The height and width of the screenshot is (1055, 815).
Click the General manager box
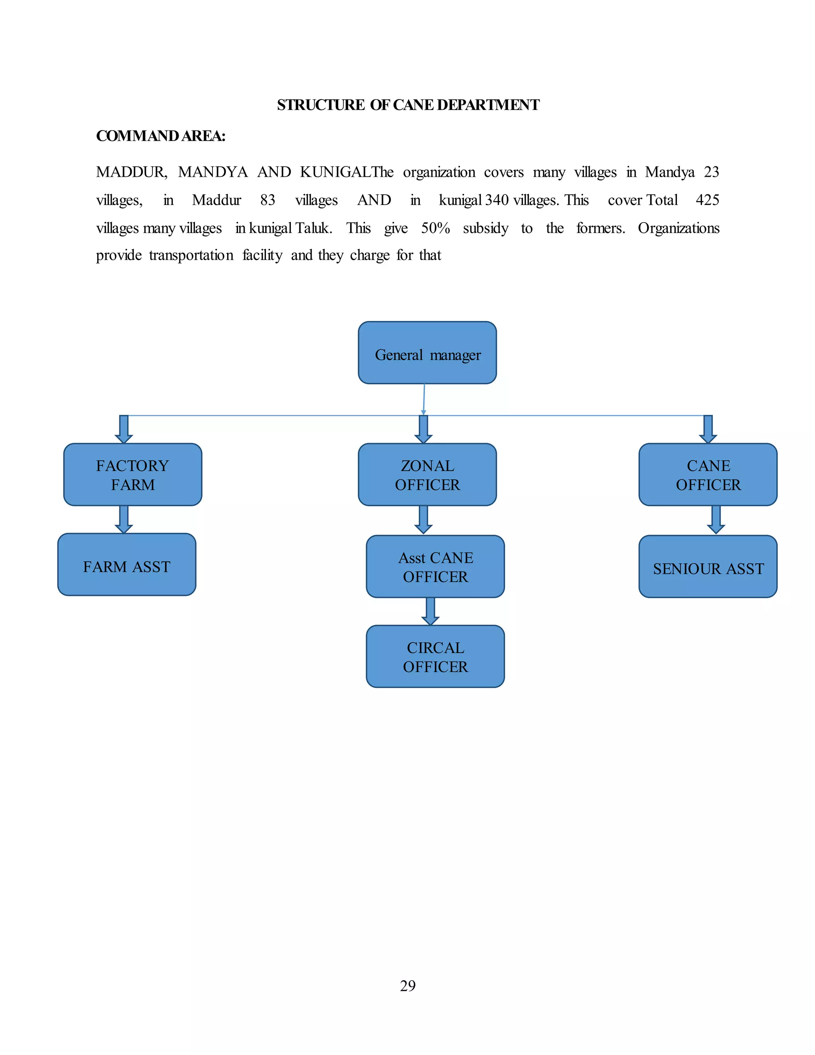click(x=427, y=353)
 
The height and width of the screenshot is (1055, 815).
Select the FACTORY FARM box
click(x=133, y=475)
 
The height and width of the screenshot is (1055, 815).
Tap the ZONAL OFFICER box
click(x=427, y=475)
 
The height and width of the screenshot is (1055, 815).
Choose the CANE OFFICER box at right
click(x=708, y=475)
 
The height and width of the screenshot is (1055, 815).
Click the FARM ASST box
click(x=127, y=565)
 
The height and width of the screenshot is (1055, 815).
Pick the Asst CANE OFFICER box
click(x=435, y=566)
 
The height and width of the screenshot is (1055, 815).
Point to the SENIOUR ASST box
click(x=708, y=566)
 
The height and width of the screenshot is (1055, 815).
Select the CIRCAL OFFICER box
click(x=435, y=656)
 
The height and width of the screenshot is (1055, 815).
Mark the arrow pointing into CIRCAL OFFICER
click(x=430, y=612)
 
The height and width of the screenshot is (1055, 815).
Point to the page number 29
click(x=407, y=985)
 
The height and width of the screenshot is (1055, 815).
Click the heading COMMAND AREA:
click(x=161, y=136)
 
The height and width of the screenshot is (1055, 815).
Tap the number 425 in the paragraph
click(x=707, y=200)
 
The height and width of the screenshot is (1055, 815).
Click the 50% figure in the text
click(x=435, y=228)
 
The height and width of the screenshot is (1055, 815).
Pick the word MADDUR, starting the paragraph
click(x=132, y=172)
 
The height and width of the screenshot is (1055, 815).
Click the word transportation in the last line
click(x=191, y=255)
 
